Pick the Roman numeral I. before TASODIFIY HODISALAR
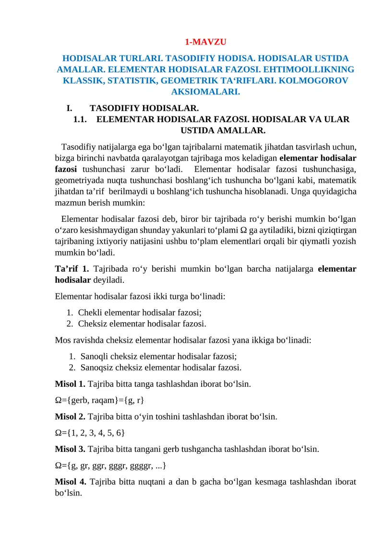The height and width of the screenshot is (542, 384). (x=70, y=108)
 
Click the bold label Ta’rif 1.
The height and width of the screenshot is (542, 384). (x=72, y=269)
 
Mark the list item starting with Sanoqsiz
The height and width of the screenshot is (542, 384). (x=160, y=368)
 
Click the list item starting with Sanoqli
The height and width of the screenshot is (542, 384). (x=158, y=356)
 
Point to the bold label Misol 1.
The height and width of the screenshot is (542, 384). (x=71, y=384)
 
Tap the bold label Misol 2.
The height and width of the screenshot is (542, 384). (x=71, y=416)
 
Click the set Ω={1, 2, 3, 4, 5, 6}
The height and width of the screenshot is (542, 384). (x=90, y=432)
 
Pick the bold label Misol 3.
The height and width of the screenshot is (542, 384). (x=71, y=449)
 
